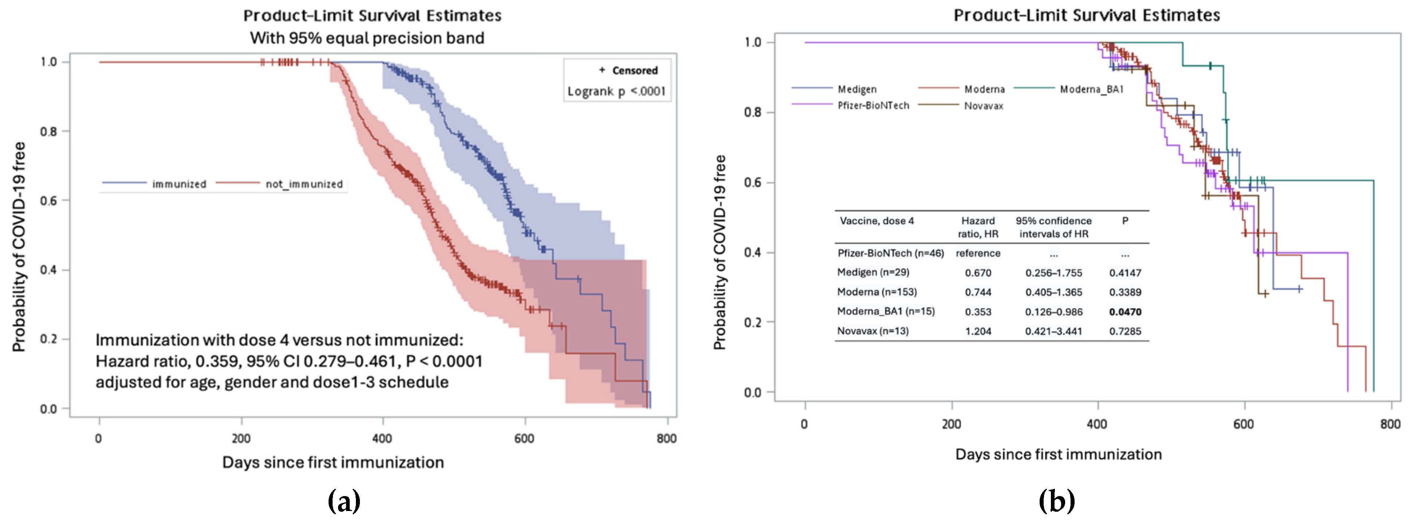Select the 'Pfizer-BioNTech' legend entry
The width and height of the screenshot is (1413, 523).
tap(873, 105)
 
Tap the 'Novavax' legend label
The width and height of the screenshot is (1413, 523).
tap(984, 106)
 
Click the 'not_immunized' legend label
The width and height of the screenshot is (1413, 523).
tap(304, 184)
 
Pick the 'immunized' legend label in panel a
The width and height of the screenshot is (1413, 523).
tap(179, 184)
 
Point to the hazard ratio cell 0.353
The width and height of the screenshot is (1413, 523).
tap(978, 312)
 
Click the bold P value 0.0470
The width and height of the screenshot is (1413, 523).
tap(1125, 312)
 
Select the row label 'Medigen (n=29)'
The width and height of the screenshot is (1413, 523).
tap(873, 273)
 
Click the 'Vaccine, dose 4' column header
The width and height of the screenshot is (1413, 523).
tap(876, 221)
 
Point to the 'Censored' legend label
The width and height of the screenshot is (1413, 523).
tap(635, 70)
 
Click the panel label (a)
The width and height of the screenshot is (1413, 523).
tap(344, 500)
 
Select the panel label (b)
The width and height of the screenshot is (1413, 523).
tap(1056, 500)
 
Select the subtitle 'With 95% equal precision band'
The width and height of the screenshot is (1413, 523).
tap(367, 38)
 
